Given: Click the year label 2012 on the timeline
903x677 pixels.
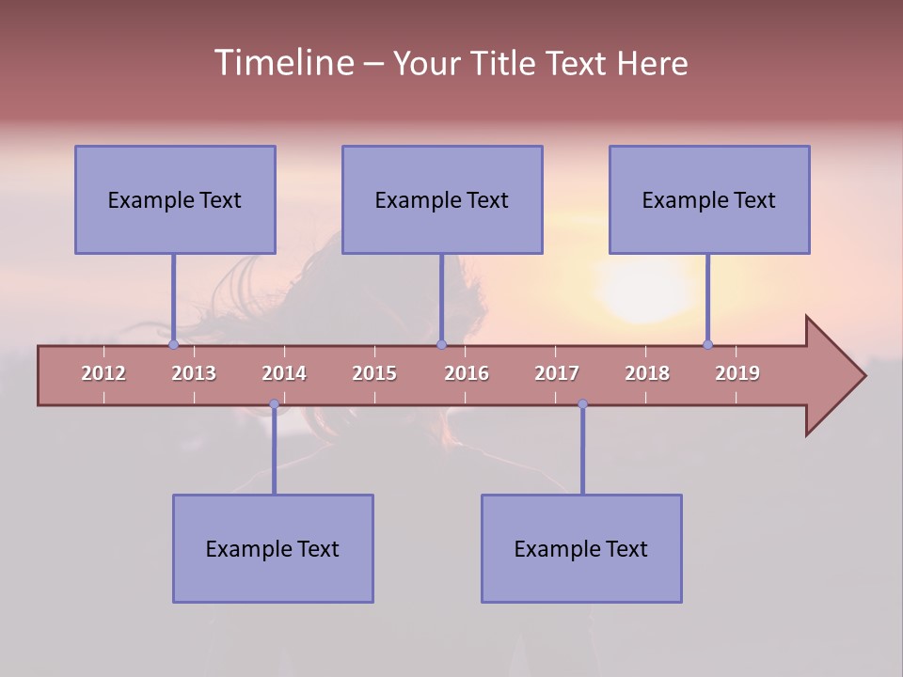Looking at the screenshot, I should [x=103, y=373].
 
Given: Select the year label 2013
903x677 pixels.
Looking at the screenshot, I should [x=194, y=373].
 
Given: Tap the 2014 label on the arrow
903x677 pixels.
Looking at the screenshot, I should [x=284, y=373].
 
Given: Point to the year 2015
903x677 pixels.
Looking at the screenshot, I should [x=374, y=373].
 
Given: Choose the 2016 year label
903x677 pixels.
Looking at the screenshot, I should [x=467, y=373].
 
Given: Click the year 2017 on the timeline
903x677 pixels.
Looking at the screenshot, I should [x=557, y=373].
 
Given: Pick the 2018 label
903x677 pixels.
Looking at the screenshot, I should [x=647, y=373].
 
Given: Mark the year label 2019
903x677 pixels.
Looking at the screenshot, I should [x=737, y=373].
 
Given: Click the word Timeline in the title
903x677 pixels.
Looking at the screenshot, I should [x=282, y=63].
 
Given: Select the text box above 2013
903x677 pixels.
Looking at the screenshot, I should [x=175, y=199].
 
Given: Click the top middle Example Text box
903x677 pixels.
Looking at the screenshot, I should [x=442, y=199].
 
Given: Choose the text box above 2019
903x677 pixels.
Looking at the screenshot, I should [x=709, y=199].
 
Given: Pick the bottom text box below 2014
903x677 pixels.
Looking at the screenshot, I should [x=273, y=548].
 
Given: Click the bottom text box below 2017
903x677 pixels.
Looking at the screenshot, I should [x=581, y=548].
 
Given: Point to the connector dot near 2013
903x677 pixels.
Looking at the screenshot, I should [x=173, y=344].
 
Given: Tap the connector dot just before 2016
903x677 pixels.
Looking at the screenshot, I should [x=441, y=344].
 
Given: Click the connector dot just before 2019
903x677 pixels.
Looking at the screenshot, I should [x=707, y=344].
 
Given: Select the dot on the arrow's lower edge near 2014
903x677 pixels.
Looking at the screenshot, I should [x=274, y=404].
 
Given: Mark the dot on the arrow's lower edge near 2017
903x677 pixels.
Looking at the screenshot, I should [x=582, y=404].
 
